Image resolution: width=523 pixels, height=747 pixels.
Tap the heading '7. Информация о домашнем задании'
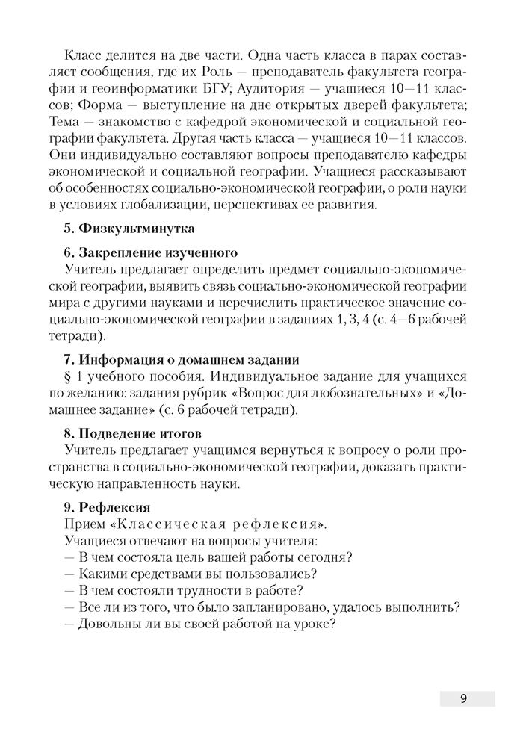(181, 360)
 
